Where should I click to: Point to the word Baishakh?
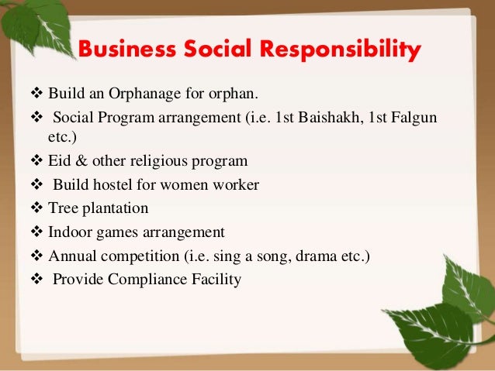[x=331, y=116]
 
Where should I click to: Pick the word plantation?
[x=114, y=208]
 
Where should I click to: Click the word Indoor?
[x=67, y=232]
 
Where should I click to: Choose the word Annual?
[x=71, y=255]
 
